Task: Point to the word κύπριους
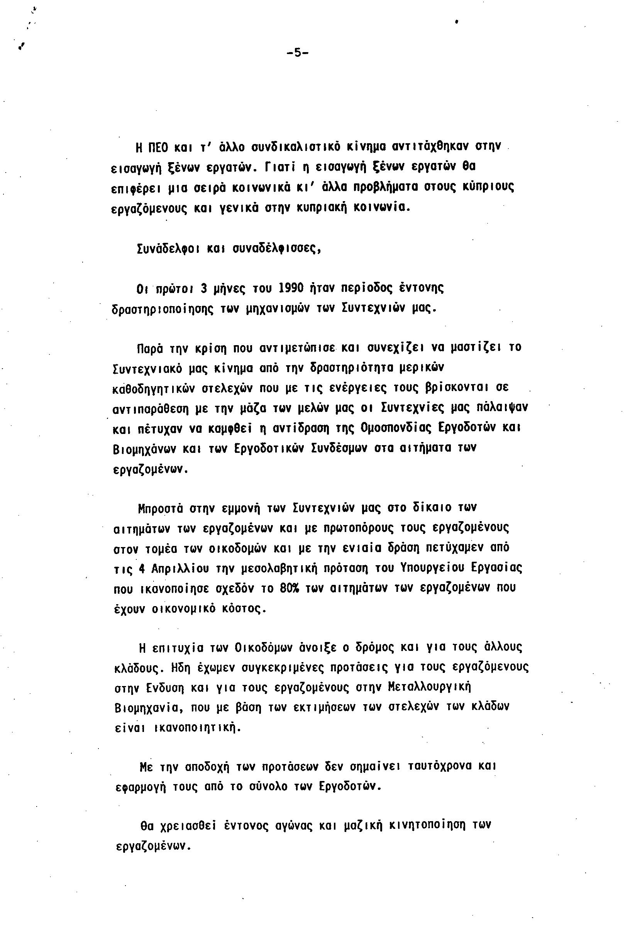[x=488, y=186]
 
